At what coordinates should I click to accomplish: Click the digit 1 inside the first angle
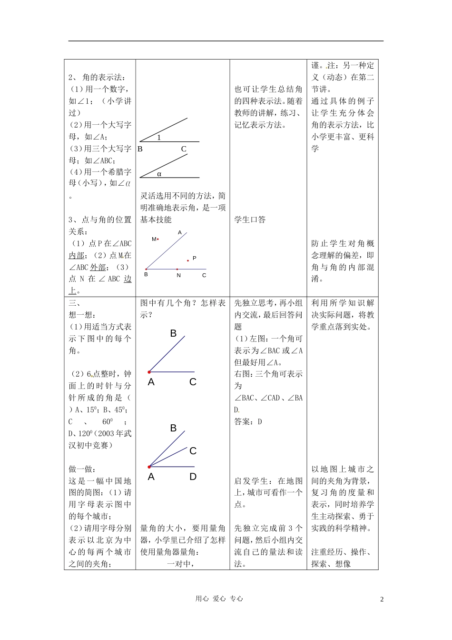coord(159,137)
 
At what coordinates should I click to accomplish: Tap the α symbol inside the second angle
coord(159,174)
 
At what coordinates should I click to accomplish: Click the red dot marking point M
coord(158,240)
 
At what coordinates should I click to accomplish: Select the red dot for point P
coord(188,260)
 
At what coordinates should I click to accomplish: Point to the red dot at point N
coord(177,270)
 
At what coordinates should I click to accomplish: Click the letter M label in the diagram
coord(154,239)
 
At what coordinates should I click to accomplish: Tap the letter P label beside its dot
coord(195,258)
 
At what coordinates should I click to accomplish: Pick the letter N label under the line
coord(178,275)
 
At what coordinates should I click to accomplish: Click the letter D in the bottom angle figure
coord(193,477)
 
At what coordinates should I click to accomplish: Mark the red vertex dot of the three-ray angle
coord(149,467)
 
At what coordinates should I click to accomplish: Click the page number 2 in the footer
coord(382,599)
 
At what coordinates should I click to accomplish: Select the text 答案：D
coord(248,421)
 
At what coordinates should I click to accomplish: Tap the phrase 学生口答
coord(250,220)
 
